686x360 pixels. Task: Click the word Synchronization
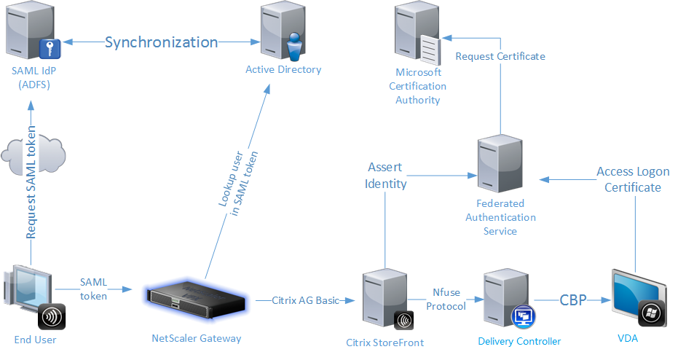coord(161,42)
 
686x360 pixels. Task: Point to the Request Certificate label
coord(500,56)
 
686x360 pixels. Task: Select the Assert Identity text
coord(385,176)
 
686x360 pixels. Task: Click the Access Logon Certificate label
coord(628,179)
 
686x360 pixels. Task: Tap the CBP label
coord(573,300)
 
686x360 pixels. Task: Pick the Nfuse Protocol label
coord(446,300)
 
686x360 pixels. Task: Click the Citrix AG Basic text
coord(306,300)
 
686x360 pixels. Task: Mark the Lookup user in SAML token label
coord(239,185)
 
